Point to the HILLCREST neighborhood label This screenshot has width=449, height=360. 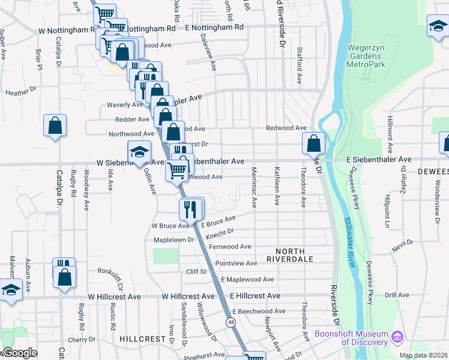tap(142, 338)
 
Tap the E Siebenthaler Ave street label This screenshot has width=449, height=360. tap(379, 160)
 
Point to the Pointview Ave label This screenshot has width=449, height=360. tap(236, 263)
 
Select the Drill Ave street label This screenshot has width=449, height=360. tap(397, 295)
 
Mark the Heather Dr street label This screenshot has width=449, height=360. tap(21, 93)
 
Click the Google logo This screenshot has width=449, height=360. tap(20, 353)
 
